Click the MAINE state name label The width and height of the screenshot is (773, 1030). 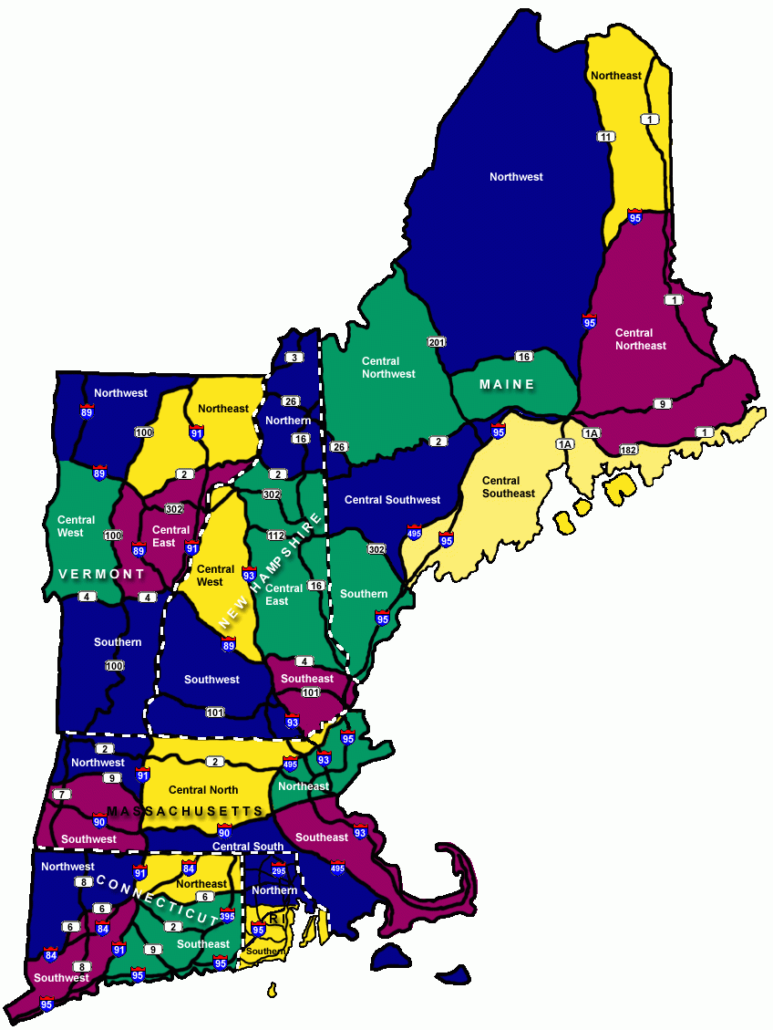(x=508, y=384)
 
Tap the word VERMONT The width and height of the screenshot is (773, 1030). (x=101, y=574)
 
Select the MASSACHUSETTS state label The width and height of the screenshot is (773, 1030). (x=185, y=811)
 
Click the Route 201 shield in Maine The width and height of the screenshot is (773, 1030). (x=436, y=341)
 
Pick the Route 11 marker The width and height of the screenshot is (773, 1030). (x=605, y=137)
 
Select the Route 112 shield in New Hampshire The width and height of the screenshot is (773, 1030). (x=276, y=536)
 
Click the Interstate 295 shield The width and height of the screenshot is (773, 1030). (x=279, y=869)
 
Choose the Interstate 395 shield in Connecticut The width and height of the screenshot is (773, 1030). (x=226, y=915)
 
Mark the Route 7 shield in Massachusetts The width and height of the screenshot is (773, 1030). (x=61, y=795)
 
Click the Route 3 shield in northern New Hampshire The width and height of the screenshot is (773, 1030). (x=293, y=357)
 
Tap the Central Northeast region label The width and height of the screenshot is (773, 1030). (x=640, y=339)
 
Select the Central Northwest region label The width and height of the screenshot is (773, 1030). (x=387, y=368)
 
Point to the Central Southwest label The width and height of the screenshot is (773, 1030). (x=392, y=500)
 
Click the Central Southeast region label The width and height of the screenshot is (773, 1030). (x=508, y=487)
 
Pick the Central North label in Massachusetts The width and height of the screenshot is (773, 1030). (x=203, y=790)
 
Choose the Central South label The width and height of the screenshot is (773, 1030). (x=248, y=847)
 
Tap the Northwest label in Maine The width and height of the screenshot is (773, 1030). (x=516, y=177)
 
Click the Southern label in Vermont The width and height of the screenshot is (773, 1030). (x=118, y=642)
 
